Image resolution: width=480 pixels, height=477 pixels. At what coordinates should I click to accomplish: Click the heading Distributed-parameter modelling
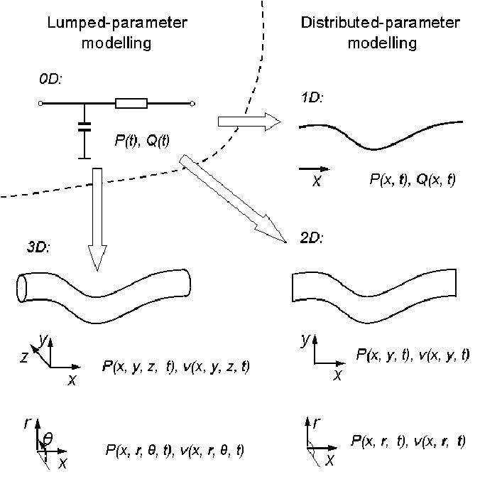tap(381, 33)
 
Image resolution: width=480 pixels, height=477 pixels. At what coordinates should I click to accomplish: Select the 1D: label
tap(311, 97)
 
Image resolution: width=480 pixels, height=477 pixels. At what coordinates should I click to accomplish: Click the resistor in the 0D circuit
tap(131, 104)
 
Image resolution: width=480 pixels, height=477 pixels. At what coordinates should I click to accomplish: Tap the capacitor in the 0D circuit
tap(84, 129)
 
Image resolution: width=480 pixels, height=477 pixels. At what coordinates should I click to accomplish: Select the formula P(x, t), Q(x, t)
tap(413, 181)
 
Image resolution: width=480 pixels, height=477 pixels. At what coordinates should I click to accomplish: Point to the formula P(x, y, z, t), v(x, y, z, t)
tap(176, 367)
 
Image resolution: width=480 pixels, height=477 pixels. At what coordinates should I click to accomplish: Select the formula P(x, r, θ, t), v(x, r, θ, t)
tap(176, 449)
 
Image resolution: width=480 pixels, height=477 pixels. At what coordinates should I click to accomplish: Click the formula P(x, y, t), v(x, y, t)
tap(413, 354)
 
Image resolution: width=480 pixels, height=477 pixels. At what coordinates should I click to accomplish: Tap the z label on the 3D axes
tap(24, 358)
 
